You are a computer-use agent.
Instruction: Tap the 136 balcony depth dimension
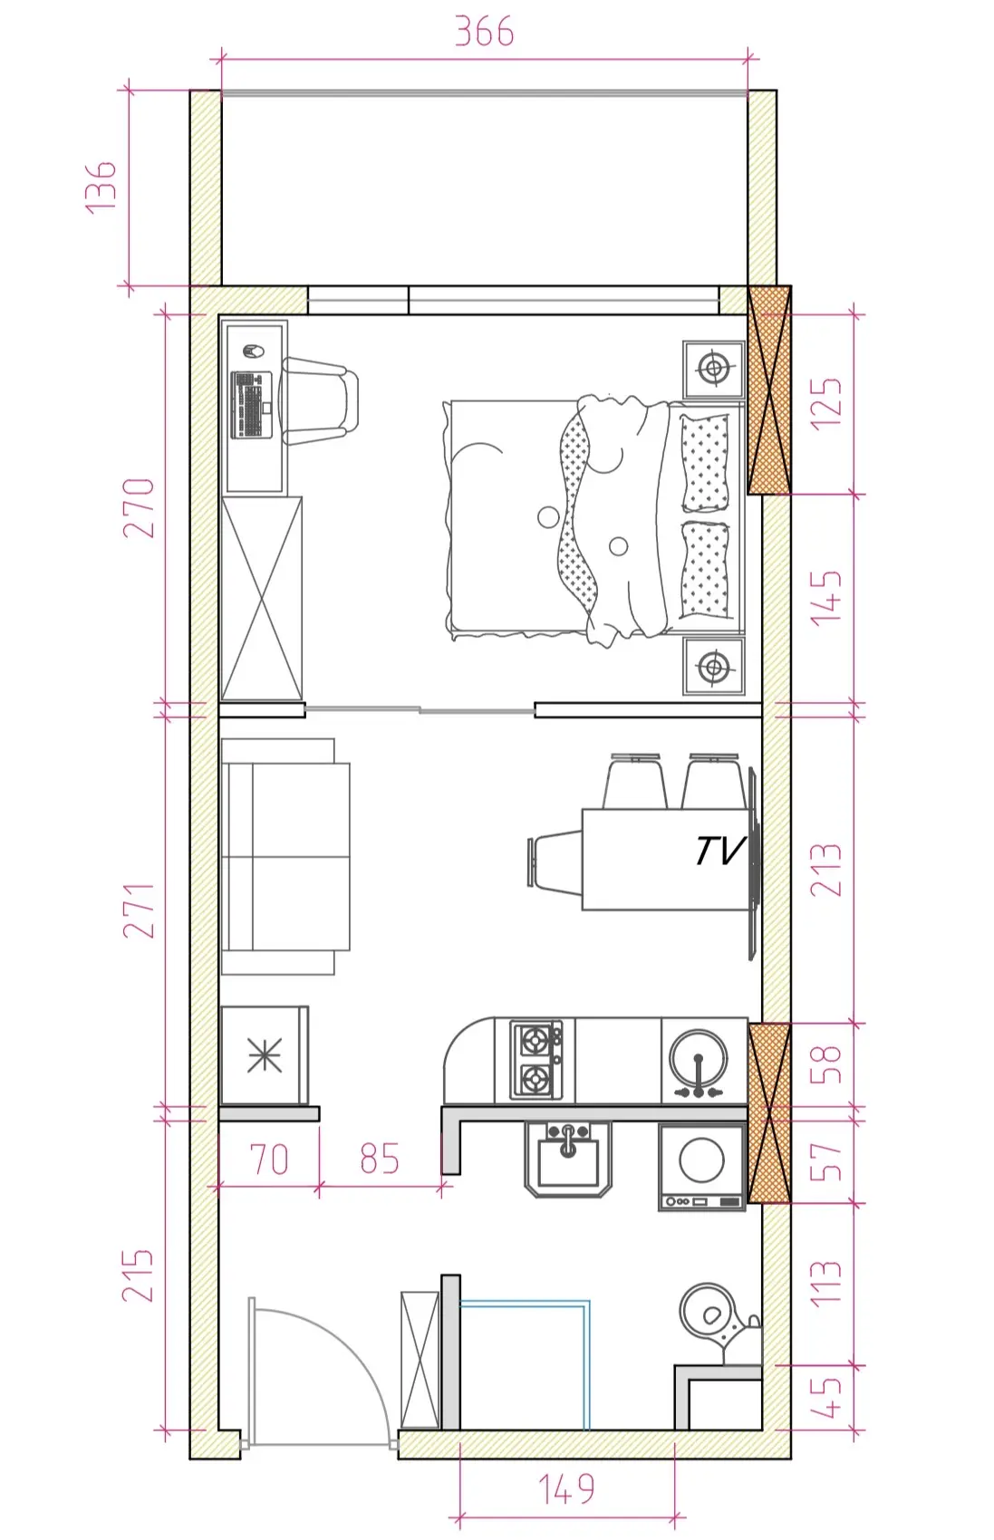coord(101,188)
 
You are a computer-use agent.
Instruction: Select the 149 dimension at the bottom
coord(566,1488)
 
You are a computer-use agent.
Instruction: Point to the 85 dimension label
coord(379,1159)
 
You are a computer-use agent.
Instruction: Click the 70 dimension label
coord(269,1160)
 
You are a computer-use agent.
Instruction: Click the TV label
coord(719,851)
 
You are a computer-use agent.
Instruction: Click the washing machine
coord(701,1167)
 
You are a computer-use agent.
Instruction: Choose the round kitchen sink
coord(699,1060)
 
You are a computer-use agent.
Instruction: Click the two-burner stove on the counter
coord(536,1060)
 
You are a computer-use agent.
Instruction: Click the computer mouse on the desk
coord(253,351)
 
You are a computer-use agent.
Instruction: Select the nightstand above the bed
coord(714,370)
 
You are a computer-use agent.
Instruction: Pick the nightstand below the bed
coord(714,666)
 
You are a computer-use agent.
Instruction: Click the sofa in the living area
coord(285,857)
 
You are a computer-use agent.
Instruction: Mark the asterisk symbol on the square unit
coord(265,1055)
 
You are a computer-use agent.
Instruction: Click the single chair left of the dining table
coord(555,862)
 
